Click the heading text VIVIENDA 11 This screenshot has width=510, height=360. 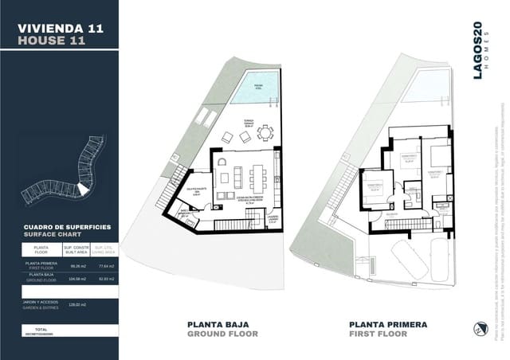61,28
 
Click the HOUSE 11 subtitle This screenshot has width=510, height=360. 51,41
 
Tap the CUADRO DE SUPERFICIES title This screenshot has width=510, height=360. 68,227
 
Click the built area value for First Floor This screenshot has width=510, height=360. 78,265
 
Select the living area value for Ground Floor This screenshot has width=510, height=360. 106,279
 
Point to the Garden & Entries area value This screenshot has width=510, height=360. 78,304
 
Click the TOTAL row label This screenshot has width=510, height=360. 36,329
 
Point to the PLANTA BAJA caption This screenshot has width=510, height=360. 217,324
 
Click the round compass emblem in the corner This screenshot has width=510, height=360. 478,328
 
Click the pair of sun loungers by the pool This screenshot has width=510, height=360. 205,119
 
